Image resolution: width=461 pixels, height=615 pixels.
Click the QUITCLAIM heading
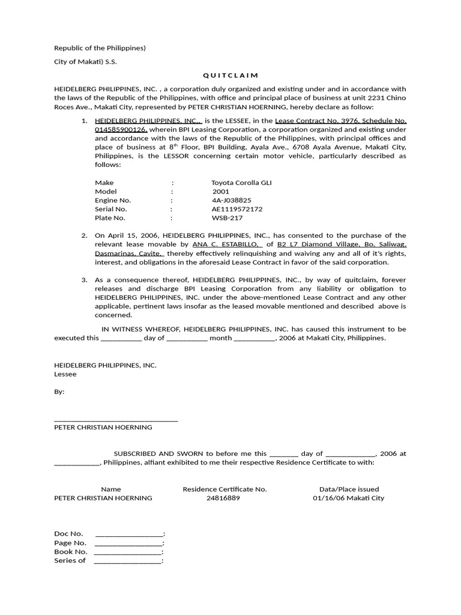[230, 75]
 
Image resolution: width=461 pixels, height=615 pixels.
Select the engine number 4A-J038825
[231, 200]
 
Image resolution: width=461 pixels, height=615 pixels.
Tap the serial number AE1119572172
[237, 209]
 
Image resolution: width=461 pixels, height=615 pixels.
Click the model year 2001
[221, 192]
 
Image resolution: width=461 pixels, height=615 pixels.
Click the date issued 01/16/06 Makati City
[348, 498]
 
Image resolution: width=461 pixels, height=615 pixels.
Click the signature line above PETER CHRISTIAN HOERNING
[116, 419]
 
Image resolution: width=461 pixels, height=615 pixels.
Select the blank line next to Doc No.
[129, 533]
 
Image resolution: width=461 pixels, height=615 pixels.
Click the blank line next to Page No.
[129, 542]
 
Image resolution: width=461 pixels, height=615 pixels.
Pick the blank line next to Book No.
[129, 551]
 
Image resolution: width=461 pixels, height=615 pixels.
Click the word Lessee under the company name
[65, 374]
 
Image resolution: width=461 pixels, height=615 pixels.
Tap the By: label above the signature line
[59, 392]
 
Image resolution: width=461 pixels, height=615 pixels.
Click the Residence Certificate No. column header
[224, 489]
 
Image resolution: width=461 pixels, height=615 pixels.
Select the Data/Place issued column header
[349, 489]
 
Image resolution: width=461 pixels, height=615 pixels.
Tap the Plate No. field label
[110, 218]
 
